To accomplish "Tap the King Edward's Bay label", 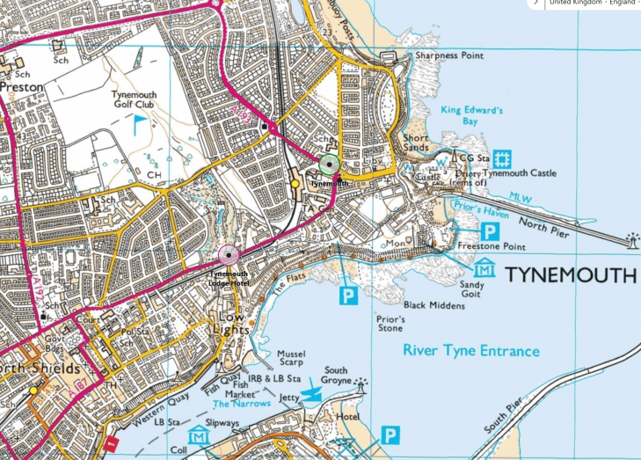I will (471, 117).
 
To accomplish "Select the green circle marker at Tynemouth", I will (330, 164).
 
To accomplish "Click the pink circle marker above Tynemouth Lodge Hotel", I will (229, 256).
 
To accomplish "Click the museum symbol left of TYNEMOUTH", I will (484, 268).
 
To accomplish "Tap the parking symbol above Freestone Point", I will (491, 232).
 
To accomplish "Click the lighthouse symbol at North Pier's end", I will (631, 240).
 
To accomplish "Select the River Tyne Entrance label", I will (470, 351).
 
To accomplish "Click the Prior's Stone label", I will (390, 323).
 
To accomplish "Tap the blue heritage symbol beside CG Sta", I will (503, 158).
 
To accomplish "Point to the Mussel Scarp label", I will (290, 357).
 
